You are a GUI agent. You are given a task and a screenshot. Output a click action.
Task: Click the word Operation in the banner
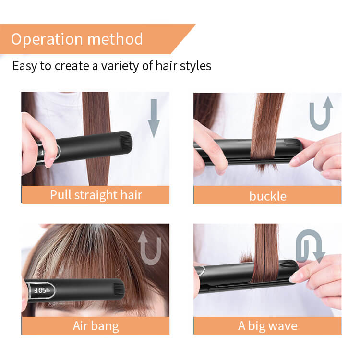click(x=47, y=39)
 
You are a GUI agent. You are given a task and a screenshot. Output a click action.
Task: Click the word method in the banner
click(x=115, y=39)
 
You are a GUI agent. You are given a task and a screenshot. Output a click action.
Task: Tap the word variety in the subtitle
click(x=120, y=66)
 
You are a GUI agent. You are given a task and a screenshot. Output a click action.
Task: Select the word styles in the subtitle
click(x=195, y=66)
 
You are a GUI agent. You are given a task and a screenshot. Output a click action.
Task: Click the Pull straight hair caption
click(x=96, y=195)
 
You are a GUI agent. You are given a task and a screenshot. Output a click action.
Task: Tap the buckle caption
click(x=268, y=196)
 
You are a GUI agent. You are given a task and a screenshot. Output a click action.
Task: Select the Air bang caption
click(x=96, y=326)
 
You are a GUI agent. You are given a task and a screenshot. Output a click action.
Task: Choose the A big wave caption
click(x=268, y=326)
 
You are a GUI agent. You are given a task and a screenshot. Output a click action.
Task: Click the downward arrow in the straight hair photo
click(x=154, y=119)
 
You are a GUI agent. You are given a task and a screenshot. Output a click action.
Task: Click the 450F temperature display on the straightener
click(x=42, y=290)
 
